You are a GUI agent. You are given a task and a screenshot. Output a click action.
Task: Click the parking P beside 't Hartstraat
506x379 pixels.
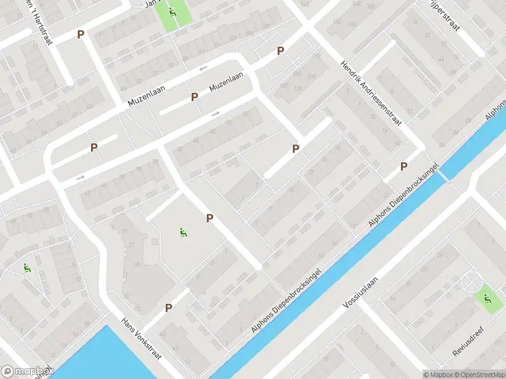pyautogui.click(x=80, y=34)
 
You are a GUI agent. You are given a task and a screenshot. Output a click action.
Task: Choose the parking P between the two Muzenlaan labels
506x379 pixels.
pyautogui.click(x=195, y=97)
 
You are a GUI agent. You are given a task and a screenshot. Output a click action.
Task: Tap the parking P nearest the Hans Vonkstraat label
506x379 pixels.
pyautogui.click(x=169, y=308)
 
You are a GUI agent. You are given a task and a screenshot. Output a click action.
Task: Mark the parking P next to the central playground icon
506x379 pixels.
pyautogui.click(x=209, y=218)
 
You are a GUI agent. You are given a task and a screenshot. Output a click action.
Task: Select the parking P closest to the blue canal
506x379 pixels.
pyautogui.click(x=404, y=166)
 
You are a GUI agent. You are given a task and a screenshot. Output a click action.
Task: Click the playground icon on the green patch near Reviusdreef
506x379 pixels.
pyautogui.click(x=487, y=298)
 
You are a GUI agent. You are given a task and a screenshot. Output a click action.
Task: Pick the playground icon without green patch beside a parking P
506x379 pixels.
pyautogui.click(x=183, y=232)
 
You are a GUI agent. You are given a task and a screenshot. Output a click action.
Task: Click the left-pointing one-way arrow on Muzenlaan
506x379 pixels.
pyautogui.click(x=203, y=68)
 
